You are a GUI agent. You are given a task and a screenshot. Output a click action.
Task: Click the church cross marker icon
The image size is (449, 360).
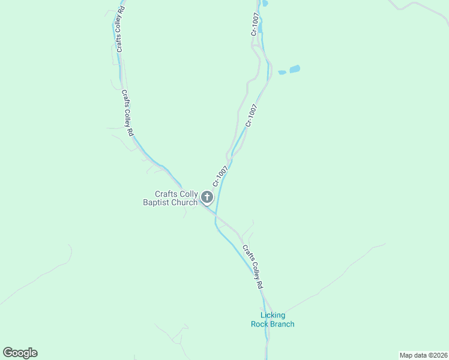tap(207, 197)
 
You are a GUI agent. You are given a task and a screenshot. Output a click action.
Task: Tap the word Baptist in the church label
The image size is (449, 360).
tap(156, 203)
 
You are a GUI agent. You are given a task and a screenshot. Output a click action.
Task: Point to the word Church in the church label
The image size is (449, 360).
tap(184, 203)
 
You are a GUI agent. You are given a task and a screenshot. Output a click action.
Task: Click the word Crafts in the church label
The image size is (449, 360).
tap(166, 194)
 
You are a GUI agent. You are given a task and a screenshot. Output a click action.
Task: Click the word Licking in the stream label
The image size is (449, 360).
tap(273, 316)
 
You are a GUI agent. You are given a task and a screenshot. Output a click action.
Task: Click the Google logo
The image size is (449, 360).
tap(20, 353)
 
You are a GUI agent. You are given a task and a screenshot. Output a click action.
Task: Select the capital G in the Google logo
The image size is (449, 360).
tap(8, 353)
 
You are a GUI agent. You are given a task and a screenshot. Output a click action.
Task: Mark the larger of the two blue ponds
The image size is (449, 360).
tap(295, 70)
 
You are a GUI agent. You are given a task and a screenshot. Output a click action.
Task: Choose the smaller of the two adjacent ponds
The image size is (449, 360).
tap(282, 73)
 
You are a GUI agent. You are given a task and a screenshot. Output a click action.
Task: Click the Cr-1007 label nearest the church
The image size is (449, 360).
tap(220, 176)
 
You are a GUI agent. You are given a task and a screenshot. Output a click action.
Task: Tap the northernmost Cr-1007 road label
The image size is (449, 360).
tap(255, 25)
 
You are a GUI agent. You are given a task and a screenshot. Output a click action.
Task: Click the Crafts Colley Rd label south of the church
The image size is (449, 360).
tap(253, 268)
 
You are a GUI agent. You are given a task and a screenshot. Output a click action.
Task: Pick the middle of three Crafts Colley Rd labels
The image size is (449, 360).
tap(127, 110)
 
